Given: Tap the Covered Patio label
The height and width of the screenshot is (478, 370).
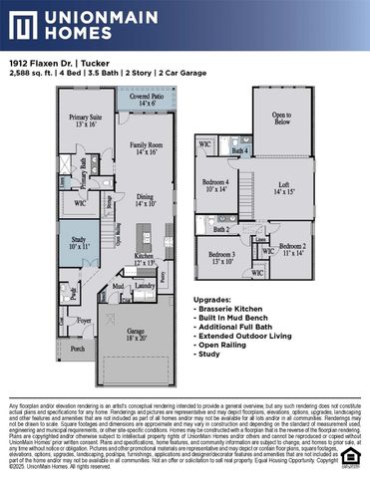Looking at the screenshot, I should pos(148,100).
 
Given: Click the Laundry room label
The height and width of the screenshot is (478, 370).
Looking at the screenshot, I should pos(144,285).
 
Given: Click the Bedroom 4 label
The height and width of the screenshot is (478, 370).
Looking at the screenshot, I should pos(216,185).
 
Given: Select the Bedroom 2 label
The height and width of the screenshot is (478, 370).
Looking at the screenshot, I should pos(292,249).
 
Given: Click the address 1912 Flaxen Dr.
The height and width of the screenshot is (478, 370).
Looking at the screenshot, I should pos(41,63).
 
